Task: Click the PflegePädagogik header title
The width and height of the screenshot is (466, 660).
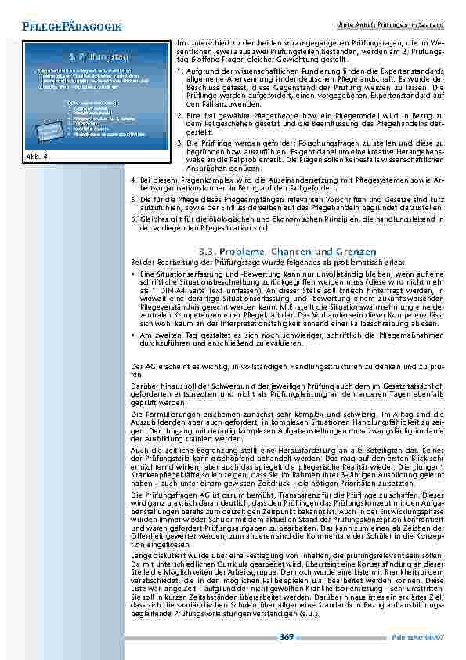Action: point(73,27)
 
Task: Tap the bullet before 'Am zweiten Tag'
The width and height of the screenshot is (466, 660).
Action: point(133,333)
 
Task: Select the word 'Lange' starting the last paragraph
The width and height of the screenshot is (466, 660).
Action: point(141,555)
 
